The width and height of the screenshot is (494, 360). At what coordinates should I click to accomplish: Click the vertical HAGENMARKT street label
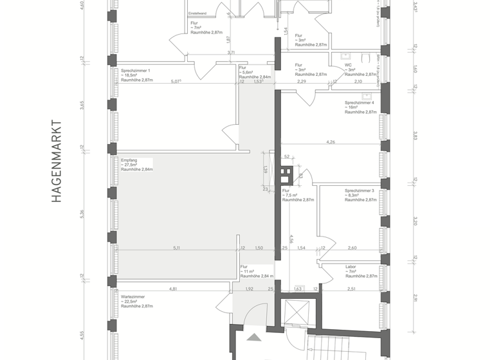click(x=56, y=161)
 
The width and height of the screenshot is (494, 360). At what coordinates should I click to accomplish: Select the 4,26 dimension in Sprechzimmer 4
click(x=331, y=141)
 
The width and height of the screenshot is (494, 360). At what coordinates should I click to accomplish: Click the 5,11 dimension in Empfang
click(x=176, y=248)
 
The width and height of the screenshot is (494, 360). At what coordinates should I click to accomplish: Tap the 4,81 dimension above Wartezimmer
click(x=173, y=289)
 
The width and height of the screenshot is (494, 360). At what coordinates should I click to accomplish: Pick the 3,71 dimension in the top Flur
click(x=230, y=53)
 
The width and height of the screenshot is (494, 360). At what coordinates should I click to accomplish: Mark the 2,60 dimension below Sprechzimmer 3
click(x=352, y=248)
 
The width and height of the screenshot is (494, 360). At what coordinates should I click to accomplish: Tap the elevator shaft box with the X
click(x=296, y=311)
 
